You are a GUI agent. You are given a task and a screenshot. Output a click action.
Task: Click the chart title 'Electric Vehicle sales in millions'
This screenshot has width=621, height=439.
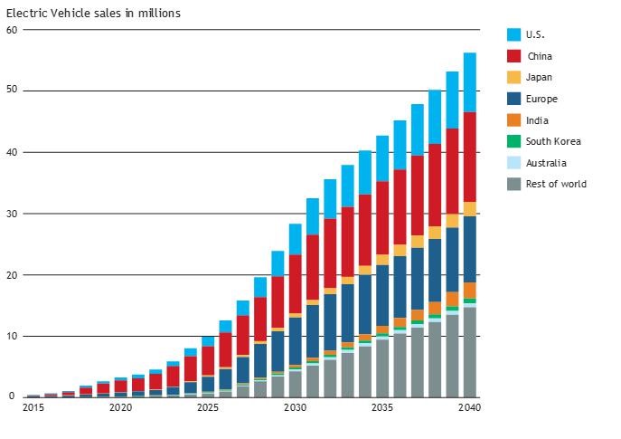(93, 14)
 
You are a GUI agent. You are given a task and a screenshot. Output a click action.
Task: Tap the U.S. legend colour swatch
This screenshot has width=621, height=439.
(513, 34)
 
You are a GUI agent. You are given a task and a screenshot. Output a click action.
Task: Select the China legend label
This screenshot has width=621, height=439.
(539, 56)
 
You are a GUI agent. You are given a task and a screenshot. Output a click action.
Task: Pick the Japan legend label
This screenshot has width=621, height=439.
(539, 78)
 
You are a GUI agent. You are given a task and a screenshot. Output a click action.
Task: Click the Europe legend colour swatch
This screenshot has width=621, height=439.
(513, 99)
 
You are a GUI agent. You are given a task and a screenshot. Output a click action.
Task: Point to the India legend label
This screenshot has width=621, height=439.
(537, 120)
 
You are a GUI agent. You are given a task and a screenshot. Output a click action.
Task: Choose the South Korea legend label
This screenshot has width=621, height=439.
(553, 141)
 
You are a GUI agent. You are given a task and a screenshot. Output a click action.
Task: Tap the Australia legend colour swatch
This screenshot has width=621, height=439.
(513, 163)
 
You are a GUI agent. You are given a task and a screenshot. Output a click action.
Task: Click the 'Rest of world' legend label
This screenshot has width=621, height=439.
(556, 184)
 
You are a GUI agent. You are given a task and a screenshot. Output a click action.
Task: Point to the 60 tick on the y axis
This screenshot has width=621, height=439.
(12, 30)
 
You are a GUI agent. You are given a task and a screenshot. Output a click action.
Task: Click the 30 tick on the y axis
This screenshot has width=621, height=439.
(12, 214)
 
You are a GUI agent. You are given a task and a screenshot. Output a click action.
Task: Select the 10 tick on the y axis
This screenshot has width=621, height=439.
(12, 336)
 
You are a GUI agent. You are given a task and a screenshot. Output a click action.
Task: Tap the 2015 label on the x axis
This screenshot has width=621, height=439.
(33, 407)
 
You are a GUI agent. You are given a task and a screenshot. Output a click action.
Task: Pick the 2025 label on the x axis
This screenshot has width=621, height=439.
(208, 407)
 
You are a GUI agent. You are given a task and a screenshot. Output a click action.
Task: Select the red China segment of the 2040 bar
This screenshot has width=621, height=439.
(470, 157)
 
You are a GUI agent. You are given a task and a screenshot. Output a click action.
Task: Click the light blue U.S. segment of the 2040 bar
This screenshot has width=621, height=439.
(470, 82)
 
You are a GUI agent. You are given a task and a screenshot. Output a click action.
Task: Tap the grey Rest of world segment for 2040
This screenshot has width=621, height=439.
(470, 352)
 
